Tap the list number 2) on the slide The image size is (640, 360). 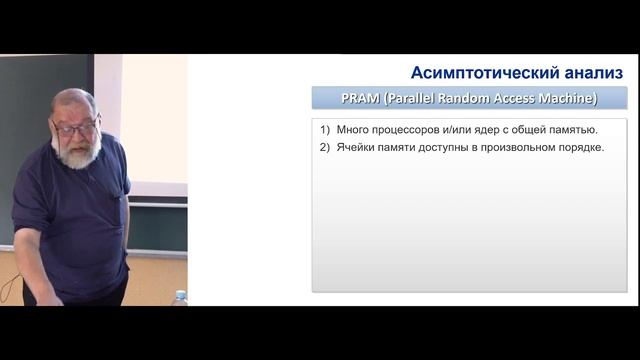325,148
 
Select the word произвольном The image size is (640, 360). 531,148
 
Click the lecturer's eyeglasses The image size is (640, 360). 76,128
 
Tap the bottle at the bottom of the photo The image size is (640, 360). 180,298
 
